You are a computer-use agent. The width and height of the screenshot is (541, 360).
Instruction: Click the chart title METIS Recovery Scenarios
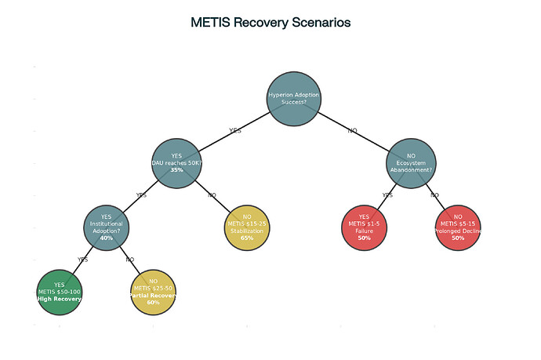tap(270, 23)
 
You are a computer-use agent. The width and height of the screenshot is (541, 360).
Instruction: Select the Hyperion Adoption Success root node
tap(293, 98)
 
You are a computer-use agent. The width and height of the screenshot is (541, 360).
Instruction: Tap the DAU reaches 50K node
tap(176, 163)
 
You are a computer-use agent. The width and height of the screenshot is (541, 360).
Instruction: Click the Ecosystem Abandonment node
tap(411, 163)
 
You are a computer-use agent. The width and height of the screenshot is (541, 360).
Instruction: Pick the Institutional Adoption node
tap(106, 227)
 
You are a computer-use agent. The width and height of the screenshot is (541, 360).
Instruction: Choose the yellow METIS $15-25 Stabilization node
tap(247, 227)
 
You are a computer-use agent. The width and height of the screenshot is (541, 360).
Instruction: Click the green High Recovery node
tap(59, 292)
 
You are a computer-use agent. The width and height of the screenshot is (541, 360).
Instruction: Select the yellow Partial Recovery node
tap(153, 292)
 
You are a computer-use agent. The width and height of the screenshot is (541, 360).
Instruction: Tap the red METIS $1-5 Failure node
tap(365, 227)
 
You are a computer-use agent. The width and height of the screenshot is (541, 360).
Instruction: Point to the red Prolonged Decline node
tap(458, 227)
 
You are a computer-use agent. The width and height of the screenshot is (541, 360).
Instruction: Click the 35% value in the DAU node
tap(176, 170)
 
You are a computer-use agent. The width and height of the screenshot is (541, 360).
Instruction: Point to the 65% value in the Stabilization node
tap(247, 238)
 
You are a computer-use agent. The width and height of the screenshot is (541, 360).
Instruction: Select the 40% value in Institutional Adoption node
tap(107, 238)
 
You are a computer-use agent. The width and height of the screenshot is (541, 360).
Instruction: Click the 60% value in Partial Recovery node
tap(153, 302)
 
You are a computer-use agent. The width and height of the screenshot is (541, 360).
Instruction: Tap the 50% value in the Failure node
tap(365, 238)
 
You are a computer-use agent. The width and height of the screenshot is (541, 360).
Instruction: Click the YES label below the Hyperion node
tap(234, 130)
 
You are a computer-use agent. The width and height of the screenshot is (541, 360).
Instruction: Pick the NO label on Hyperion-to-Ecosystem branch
tap(352, 130)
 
